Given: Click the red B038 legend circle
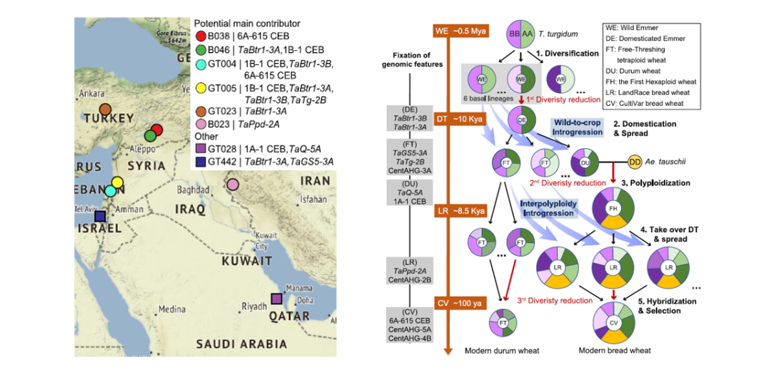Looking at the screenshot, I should (x=201, y=36).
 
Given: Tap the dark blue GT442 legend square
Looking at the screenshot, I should (x=201, y=162).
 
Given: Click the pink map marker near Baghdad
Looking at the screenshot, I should (x=233, y=185).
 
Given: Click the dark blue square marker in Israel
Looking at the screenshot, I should (x=101, y=216).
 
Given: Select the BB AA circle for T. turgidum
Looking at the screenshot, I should (x=520, y=34).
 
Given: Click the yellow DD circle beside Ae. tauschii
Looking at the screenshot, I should (x=635, y=162).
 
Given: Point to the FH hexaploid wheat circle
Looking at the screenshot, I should (x=613, y=207).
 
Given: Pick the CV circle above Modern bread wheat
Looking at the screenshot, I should (x=613, y=322).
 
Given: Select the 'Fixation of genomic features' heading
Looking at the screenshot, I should (x=418, y=59).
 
